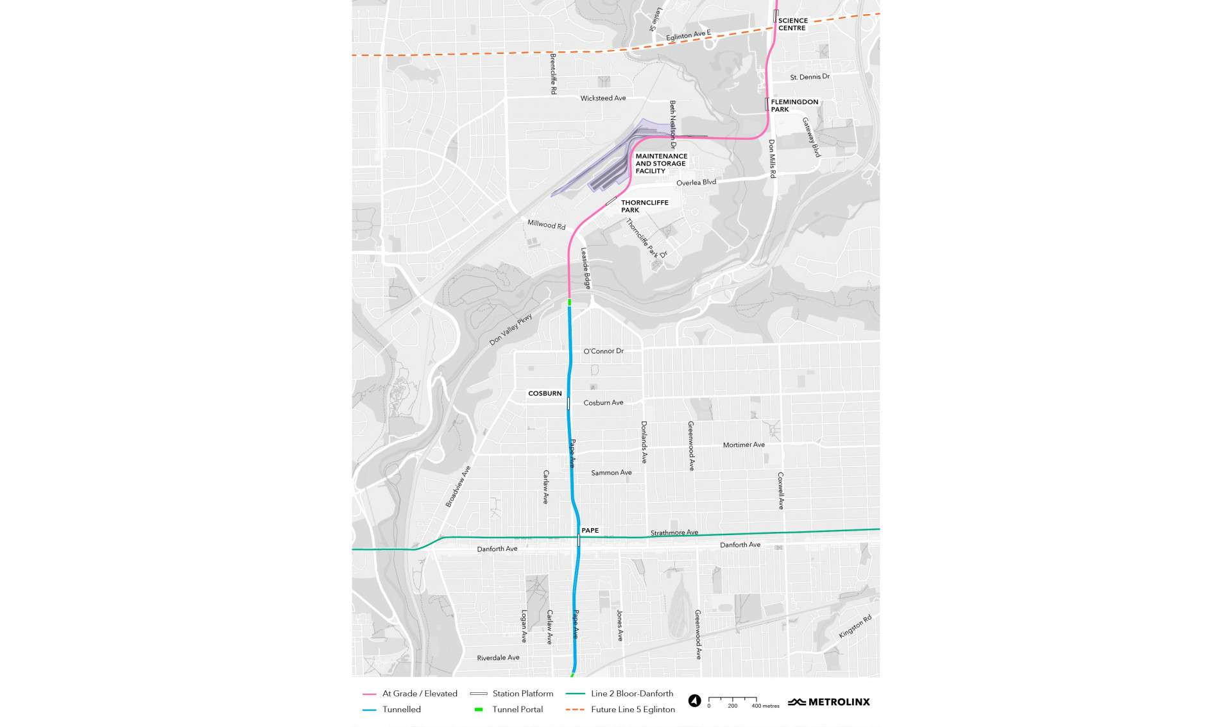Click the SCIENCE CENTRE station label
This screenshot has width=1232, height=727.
click(x=792, y=24)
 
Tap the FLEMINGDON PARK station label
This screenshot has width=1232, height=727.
click(x=794, y=105)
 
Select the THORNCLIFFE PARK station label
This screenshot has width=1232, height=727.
click(x=644, y=206)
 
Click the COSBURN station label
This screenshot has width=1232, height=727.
click(x=545, y=393)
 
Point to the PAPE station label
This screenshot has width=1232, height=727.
click(x=590, y=530)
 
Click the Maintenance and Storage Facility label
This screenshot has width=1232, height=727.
click(x=661, y=164)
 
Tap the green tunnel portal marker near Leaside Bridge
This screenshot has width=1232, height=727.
click(x=569, y=302)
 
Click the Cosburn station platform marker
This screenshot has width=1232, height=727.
click(x=569, y=403)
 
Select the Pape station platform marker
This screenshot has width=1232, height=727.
click(x=579, y=540)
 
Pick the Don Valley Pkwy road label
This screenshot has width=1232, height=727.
click(x=511, y=330)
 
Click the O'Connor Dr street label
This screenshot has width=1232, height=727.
click(x=603, y=351)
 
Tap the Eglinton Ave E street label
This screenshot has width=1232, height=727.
click(x=688, y=35)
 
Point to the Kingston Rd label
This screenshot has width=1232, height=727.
click(x=855, y=626)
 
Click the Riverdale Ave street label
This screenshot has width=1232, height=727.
click(x=498, y=658)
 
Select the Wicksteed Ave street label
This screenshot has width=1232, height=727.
click(x=603, y=98)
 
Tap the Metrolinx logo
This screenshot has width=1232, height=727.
click(x=828, y=702)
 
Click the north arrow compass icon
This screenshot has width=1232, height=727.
click(x=694, y=701)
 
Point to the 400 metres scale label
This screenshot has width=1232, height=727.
click(x=765, y=706)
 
